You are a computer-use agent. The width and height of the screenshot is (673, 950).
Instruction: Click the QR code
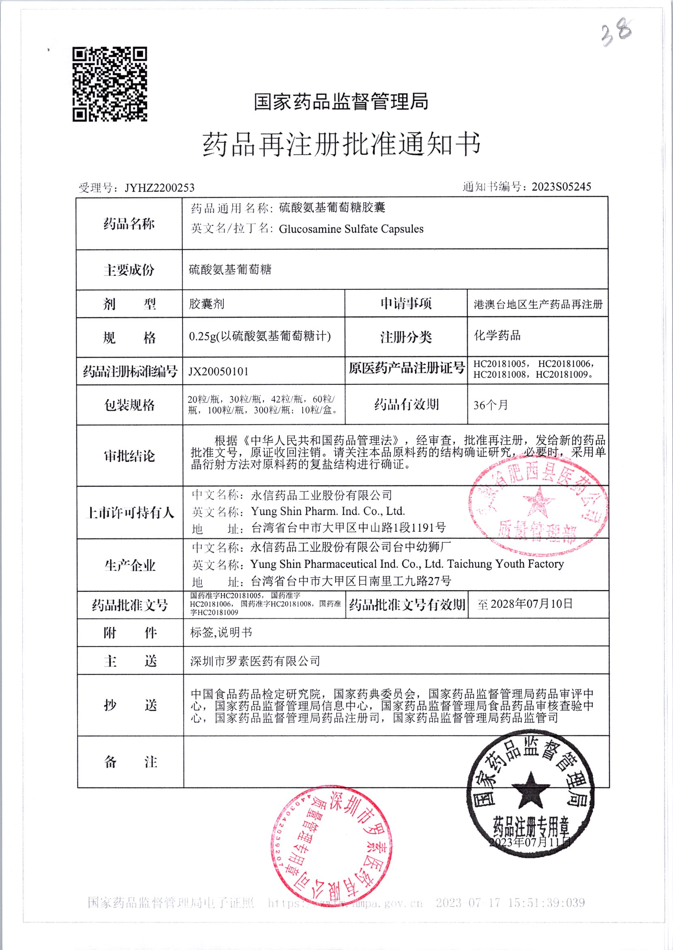tap(110, 84)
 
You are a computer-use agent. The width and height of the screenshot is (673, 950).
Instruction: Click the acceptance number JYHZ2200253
tap(160, 188)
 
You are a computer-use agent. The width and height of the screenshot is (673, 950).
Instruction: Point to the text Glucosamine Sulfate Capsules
tap(351, 229)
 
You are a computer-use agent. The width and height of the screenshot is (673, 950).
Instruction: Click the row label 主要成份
tap(129, 270)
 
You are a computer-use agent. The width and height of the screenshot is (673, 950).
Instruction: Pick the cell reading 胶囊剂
tap(207, 304)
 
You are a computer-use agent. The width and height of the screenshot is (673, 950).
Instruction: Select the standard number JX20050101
tap(219, 371)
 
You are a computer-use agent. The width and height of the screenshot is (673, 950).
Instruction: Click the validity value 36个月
tap(491, 405)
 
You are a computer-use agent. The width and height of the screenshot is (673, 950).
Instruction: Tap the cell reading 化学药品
tap(497, 336)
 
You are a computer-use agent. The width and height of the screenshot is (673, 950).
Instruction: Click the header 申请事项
tap(406, 304)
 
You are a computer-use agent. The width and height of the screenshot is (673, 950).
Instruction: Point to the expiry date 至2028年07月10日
tap(525, 604)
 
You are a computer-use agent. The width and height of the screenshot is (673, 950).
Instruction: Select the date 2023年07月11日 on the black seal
tap(530, 842)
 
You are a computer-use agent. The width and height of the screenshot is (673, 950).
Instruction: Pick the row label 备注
tap(130, 762)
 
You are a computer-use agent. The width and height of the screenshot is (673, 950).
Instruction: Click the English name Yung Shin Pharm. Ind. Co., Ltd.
tap(328, 511)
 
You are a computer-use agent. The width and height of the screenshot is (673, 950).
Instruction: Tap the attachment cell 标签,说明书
tap(221, 633)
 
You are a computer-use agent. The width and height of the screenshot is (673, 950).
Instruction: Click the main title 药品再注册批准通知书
tap(341, 145)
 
